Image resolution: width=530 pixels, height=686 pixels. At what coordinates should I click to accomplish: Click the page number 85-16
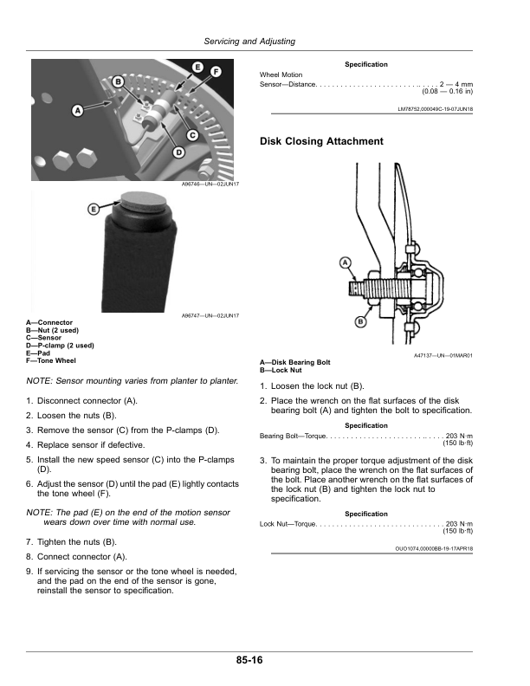click(248, 661)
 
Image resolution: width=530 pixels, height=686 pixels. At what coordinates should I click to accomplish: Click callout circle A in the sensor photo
click(78, 111)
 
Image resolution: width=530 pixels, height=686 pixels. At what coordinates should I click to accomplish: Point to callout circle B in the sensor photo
click(119, 81)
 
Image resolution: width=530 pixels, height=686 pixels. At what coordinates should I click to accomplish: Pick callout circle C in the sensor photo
click(191, 135)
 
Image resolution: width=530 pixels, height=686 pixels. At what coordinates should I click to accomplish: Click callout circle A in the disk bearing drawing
click(346, 262)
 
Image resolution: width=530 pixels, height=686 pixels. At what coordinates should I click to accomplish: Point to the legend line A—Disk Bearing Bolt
click(295, 361)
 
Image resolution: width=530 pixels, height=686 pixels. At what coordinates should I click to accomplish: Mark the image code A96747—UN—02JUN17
click(210, 315)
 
